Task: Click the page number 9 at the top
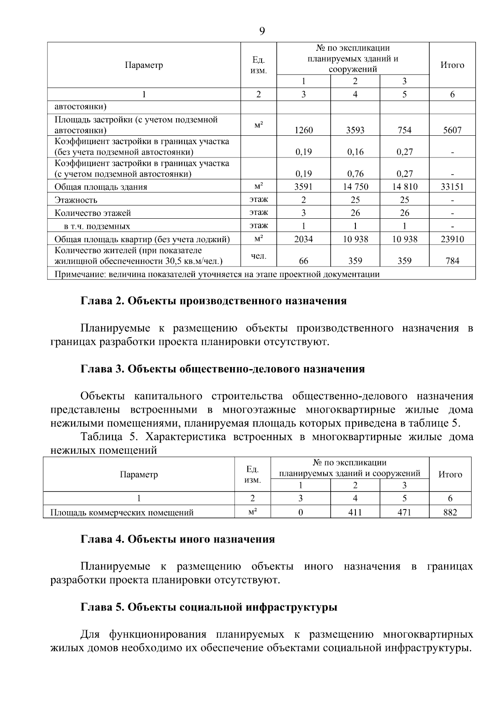pyautogui.click(x=262, y=31)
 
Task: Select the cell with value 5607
pyautogui.click(x=452, y=130)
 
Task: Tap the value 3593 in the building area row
pyautogui.click(x=355, y=130)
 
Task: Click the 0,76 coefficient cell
pyautogui.click(x=355, y=173)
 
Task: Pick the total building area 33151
pyautogui.click(x=452, y=187)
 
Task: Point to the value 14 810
pyautogui.click(x=404, y=187)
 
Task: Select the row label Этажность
pyautogui.click(x=76, y=200)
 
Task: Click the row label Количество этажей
pyautogui.click(x=93, y=213)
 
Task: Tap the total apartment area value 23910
pyautogui.click(x=452, y=239)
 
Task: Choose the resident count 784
pyautogui.click(x=452, y=261)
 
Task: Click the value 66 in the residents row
pyautogui.click(x=303, y=261)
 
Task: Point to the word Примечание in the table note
pyautogui.click(x=80, y=275)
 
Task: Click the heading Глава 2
pyautogui.click(x=213, y=301)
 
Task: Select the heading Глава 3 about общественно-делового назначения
pyautogui.click(x=222, y=369)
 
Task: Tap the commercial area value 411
pyautogui.click(x=355, y=512)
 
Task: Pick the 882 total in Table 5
pyautogui.click(x=450, y=512)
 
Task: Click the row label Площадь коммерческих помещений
pyautogui.click(x=122, y=512)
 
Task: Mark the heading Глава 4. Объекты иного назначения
pyautogui.click(x=177, y=539)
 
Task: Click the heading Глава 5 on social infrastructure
pyautogui.click(x=209, y=607)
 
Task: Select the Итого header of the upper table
pyautogui.click(x=452, y=65)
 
